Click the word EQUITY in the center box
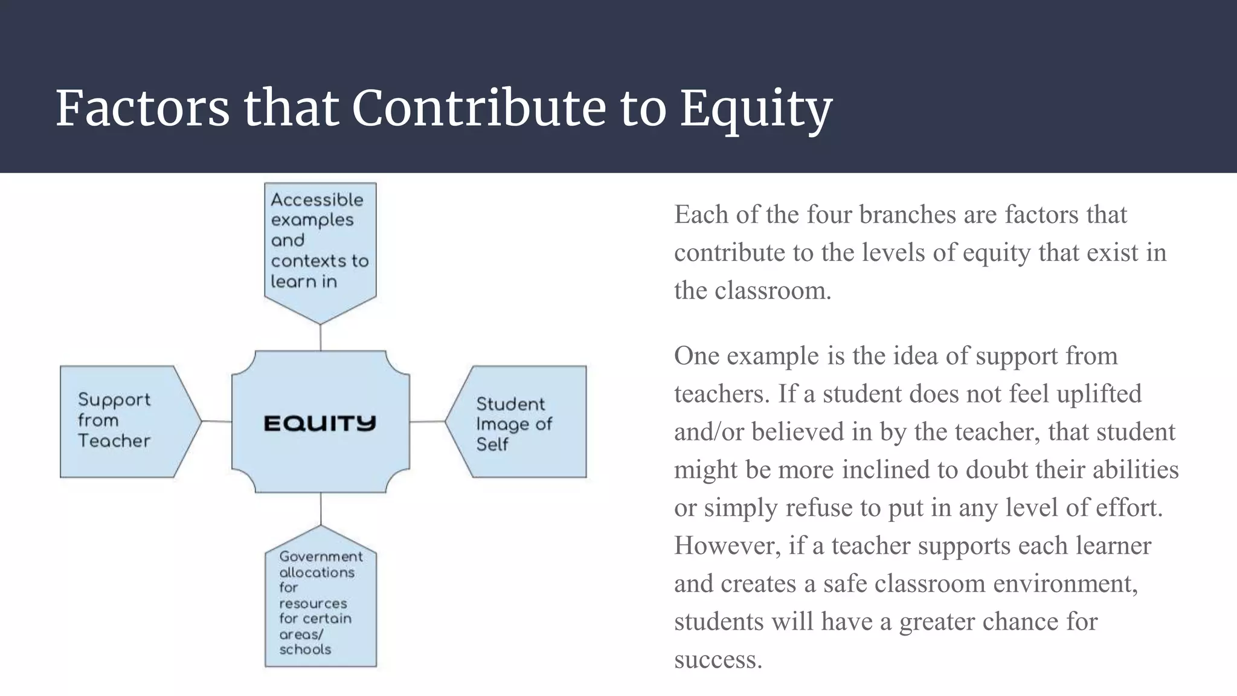[x=320, y=423]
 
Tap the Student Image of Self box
[x=519, y=422]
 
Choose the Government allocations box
[x=320, y=601]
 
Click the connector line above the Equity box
[x=320, y=337]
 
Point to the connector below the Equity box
[x=321, y=508]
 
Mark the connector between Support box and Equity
[x=216, y=421]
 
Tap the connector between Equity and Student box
[x=427, y=421]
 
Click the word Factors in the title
[x=143, y=109]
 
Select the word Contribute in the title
[x=478, y=109]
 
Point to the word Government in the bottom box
[x=321, y=556]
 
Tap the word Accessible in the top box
[x=316, y=200]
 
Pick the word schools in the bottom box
[x=305, y=649]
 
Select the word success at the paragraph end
[x=718, y=659]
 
